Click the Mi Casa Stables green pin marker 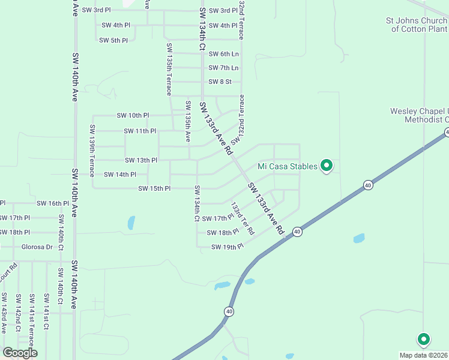coord(327,165)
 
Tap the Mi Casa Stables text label coord(288,166)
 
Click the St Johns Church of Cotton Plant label coord(417,25)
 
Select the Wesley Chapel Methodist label coord(419,115)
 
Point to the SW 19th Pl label coord(227,247)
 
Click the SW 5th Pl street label coord(113,40)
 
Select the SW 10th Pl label coord(133,115)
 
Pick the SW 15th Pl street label coord(154,188)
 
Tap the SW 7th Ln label coord(223,68)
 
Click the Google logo coord(19,352)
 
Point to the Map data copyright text coord(424,355)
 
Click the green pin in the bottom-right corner coord(423,339)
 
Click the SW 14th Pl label coord(120,175)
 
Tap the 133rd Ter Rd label coord(243,218)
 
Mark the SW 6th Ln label coord(223,54)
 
